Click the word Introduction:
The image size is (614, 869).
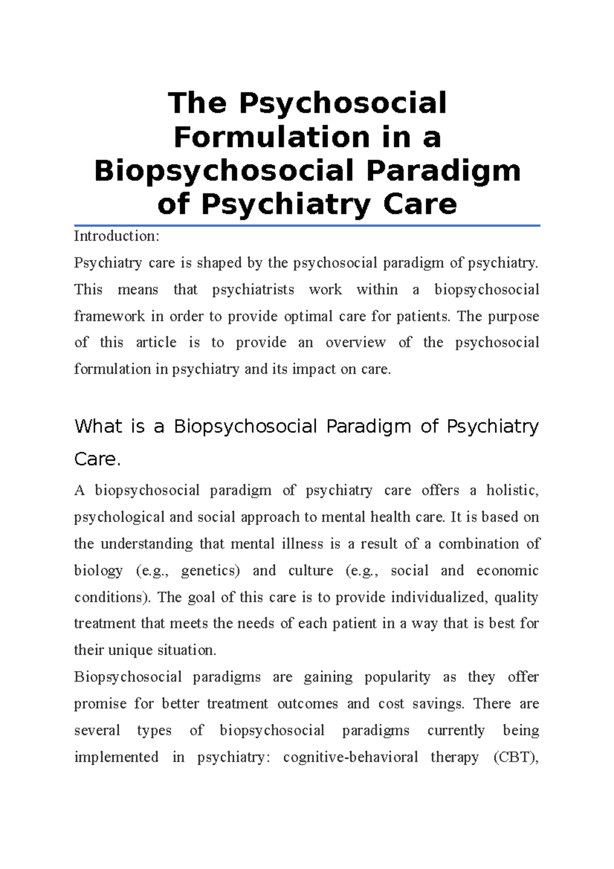pyautogui.click(x=117, y=236)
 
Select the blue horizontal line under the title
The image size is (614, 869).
pyautogui.click(x=307, y=225)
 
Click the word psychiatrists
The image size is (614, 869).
pyautogui.click(x=253, y=290)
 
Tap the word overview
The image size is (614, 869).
pyautogui.click(x=355, y=342)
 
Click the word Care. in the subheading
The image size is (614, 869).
pyautogui.click(x=97, y=459)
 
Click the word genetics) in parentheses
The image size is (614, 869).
pyautogui.click(x=210, y=571)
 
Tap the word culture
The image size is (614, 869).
pyautogui.click(x=311, y=571)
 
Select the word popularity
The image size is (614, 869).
pyautogui.click(x=397, y=677)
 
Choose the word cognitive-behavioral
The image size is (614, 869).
pyautogui.click(x=350, y=757)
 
